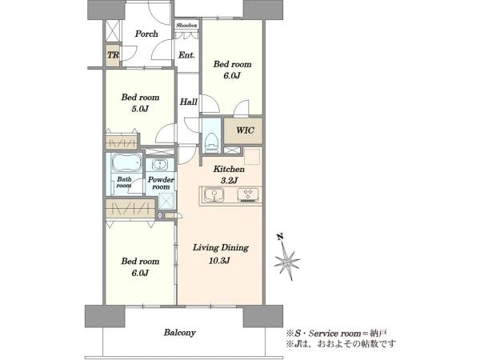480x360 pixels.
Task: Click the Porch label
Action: (x=146, y=34)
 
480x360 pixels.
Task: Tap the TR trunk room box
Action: (x=112, y=55)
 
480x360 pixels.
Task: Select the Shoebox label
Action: (x=186, y=26)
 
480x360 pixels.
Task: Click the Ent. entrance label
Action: (x=186, y=55)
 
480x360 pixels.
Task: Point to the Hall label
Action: (x=188, y=102)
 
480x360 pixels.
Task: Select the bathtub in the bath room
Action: (x=126, y=163)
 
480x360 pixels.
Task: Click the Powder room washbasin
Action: (x=159, y=166)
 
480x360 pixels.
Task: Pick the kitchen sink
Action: (x=214, y=195)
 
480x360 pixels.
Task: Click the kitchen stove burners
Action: (x=248, y=195)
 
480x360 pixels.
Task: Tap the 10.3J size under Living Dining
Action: (x=219, y=261)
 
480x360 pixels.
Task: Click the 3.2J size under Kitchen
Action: (x=229, y=181)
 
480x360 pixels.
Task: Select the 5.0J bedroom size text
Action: (x=140, y=109)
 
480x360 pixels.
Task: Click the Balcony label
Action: (x=179, y=333)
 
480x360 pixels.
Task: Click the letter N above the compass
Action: (x=279, y=236)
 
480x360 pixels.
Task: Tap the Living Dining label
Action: (x=221, y=248)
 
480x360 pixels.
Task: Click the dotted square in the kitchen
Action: (x=252, y=157)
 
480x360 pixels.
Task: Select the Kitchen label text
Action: (x=229, y=169)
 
